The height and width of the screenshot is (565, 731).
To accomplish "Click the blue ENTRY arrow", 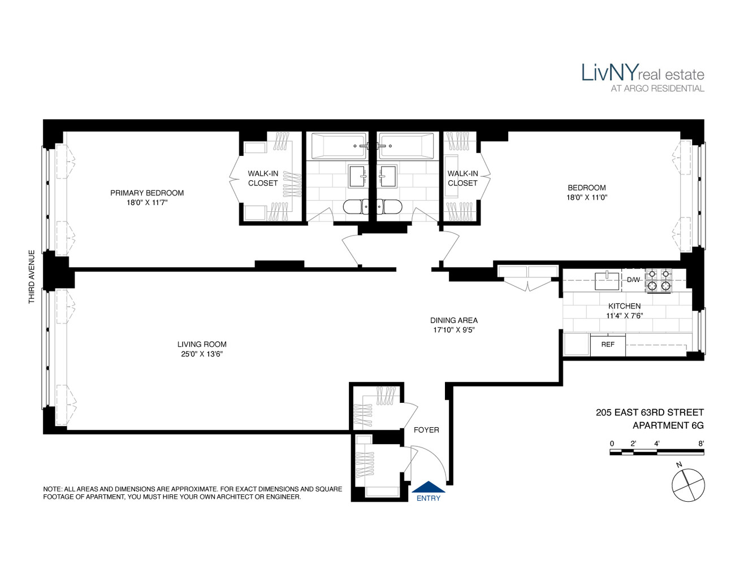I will tap(428, 487).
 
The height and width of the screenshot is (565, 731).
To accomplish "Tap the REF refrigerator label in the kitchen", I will tap(608, 344).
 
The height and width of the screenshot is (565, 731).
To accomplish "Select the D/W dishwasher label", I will tap(633, 280).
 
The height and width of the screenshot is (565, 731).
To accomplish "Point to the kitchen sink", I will tap(607, 280).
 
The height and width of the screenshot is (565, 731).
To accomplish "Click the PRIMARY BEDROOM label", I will tap(147, 193).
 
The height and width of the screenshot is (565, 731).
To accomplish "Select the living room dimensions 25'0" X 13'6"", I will tap(202, 354).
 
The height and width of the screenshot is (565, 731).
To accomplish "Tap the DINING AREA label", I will tap(454, 320).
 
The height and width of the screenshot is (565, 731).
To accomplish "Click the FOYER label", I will tap(426, 430).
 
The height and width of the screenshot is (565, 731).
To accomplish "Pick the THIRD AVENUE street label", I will tap(32, 277).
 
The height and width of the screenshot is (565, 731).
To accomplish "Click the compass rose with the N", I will tap(688, 484).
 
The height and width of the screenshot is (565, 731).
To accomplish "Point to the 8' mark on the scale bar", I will tap(701, 444).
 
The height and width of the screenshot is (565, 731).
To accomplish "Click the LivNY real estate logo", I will tap(643, 74).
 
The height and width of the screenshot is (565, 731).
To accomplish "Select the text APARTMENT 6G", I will tap(668, 425).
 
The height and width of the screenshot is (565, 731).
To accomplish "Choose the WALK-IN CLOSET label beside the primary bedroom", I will tap(263, 179).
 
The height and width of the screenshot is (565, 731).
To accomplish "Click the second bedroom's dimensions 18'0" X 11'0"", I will tap(587, 198).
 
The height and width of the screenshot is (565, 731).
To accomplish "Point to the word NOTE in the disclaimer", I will tap(53, 489).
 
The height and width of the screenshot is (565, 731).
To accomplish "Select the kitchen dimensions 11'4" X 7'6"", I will tap(624, 316).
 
